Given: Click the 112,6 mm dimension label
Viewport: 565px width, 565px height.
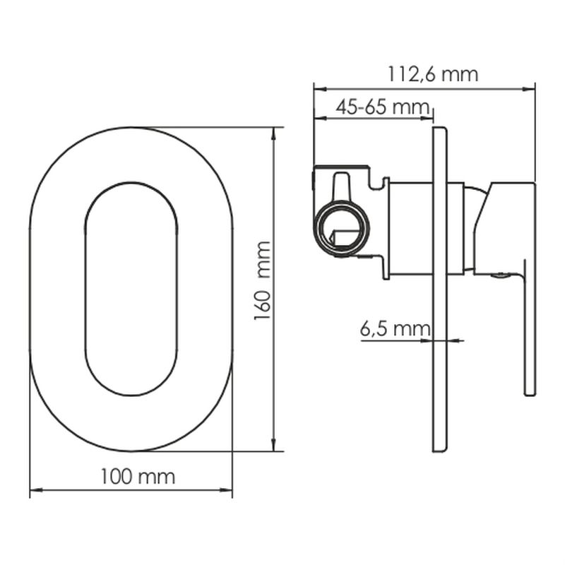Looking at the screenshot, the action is pyautogui.click(x=432, y=75).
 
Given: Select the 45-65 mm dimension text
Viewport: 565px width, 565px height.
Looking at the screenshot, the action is pyautogui.click(x=383, y=107).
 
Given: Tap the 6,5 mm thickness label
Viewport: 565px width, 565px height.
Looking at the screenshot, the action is pyautogui.click(x=395, y=328).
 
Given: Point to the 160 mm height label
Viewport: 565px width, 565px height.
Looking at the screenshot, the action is pyautogui.click(x=262, y=280).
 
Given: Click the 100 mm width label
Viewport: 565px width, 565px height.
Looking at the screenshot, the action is pyautogui.click(x=138, y=477).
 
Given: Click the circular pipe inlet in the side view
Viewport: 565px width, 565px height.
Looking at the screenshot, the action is pyautogui.click(x=342, y=228).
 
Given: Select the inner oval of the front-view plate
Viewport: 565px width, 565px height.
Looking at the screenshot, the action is pyautogui.click(x=131, y=289).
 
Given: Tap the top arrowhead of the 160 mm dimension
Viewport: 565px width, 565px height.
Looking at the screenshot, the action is pyautogui.click(x=273, y=133).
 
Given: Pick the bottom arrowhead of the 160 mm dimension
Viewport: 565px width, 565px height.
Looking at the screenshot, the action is pyautogui.click(x=273, y=446).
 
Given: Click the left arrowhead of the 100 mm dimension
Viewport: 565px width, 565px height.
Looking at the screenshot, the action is pyautogui.click(x=36, y=490).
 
